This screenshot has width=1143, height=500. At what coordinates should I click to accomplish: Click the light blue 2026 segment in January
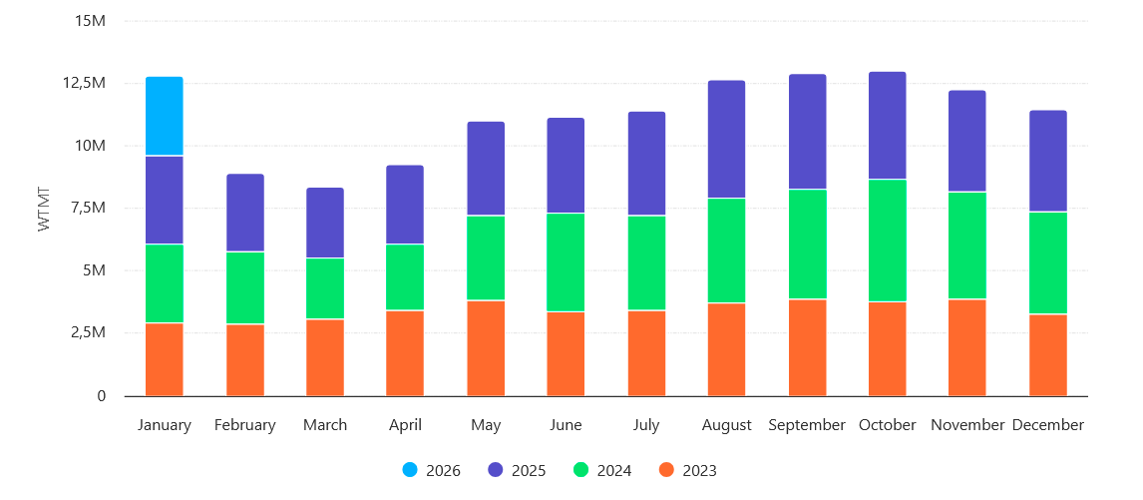pyautogui.click(x=165, y=116)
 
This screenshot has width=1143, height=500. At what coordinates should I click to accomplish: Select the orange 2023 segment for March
pyautogui.click(x=325, y=357)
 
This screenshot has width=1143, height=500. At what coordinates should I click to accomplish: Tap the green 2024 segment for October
pyautogui.click(x=888, y=241)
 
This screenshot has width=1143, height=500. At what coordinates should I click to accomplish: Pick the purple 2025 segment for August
pyautogui.click(x=726, y=140)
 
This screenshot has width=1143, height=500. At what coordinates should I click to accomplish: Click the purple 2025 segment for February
pyautogui.click(x=245, y=213)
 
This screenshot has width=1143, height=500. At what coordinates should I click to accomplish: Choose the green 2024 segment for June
pyautogui.click(x=566, y=262)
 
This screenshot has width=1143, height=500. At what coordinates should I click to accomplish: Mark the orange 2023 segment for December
pyautogui.click(x=1048, y=355)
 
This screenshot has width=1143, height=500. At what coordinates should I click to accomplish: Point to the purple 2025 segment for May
pyautogui.click(x=486, y=169)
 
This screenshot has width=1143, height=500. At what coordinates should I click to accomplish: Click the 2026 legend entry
pyautogui.click(x=431, y=471)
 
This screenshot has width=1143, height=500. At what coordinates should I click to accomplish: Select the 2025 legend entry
pyautogui.click(x=517, y=471)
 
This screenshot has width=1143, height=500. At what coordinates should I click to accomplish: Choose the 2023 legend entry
pyautogui.click(x=687, y=471)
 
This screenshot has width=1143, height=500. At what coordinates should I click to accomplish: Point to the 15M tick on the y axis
pyautogui.click(x=91, y=21)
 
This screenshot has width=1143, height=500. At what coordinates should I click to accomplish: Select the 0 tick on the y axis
pyautogui.click(x=102, y=396)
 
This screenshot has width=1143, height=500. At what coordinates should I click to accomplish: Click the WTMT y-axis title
pyautogui.click(x=43, y=209)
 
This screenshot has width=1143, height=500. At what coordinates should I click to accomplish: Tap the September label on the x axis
pyautogui.click(x=807, y=425)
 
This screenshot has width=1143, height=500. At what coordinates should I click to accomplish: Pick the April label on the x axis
pyautogui.click(x=405, y=425)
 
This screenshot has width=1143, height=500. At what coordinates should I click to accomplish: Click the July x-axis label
pyautogui.click(x=646, y=425)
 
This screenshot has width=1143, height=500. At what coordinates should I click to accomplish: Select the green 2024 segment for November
pyautogui.click(x=967, y=246)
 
